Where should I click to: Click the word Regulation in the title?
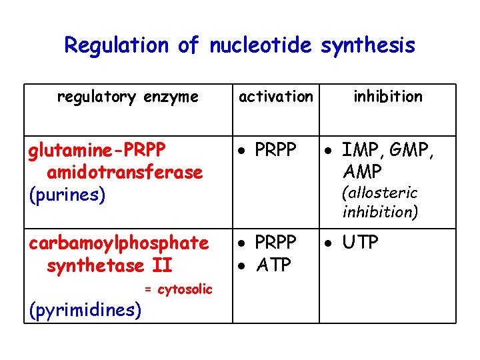pyautogui.click(x=118, y=46)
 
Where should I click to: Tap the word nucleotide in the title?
pyautogui.click(x=261, y=46)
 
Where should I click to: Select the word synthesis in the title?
pyautogui.click(x=367, y=46)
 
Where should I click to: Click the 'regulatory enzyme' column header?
pyautogui.click(x=127, y=97)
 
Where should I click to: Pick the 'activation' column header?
pyautogui.click(x=275, y=97)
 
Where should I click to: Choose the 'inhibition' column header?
pyautogui.click(x=388, y=97)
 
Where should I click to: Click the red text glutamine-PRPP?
pyautogui.click(x=97, y=150)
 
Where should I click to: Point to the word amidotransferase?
pyautogui.click(x=125, y=173)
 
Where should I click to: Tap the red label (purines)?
pyautogui.click(x=67, y=195)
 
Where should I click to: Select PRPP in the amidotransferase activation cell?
pyautogui.click(x=275, y=150)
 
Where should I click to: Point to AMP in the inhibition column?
pyautogui.click(x=362, y=172)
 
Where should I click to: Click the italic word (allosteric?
pyautogui.click(x=379, y=193)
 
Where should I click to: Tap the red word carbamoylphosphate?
pyautogui.click(x=119, y=243)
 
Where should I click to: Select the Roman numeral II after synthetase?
pyautogui.click(x=162, y=265)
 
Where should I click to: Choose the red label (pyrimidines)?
pyautogui.click(x=85, y=309)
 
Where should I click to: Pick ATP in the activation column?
pyautogui.click(x=273, y=265)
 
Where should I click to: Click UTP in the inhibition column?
pyautogui.click(x=361, y=242)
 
